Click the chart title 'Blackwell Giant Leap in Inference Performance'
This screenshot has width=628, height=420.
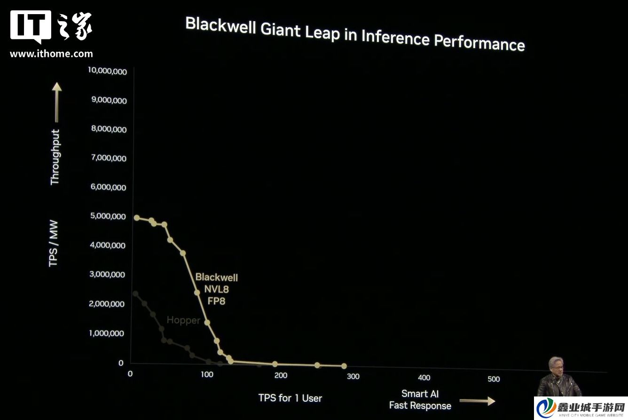point(355,34)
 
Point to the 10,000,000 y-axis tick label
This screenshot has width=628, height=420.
point(107,71)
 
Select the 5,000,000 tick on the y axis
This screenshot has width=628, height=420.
point(107,216)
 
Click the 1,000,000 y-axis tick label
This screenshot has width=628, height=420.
point(107,333)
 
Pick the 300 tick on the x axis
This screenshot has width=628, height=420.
point(353,376)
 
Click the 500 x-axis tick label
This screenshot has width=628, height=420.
point(494,379)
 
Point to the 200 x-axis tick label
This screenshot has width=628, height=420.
point(281,375)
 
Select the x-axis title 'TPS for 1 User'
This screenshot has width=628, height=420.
point(290,398)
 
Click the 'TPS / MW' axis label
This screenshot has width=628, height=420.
point(55,249)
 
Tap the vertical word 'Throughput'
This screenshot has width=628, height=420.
point(55,157)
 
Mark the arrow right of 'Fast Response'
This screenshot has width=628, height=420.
point(477,401)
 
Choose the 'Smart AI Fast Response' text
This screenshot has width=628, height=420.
point(420,400)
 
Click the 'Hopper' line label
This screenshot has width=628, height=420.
point(183,320)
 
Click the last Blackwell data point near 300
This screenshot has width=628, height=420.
point(344,366)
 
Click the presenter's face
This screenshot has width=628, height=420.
point(555,366)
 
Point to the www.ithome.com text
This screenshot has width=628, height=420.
point(51,54)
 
